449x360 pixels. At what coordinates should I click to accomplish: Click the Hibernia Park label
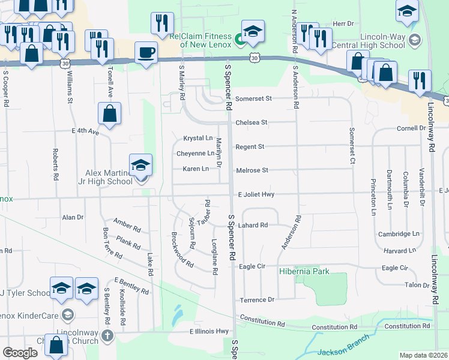[304, 272]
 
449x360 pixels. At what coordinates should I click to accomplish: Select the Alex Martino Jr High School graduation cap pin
[140, 166]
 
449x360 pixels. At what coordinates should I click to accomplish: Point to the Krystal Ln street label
[197, 138]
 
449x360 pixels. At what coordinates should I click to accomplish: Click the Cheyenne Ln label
[195, 154]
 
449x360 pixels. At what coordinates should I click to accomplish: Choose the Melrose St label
[251, 170]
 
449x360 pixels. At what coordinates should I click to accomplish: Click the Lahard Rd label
[252, 226]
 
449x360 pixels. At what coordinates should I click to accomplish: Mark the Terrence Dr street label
[257, 299]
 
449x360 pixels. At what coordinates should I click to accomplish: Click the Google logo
[20, 353]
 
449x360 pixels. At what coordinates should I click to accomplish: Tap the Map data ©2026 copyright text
[423, 355]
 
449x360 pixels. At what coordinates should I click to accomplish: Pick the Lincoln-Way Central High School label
[385, 40]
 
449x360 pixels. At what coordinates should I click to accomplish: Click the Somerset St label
[253, 98]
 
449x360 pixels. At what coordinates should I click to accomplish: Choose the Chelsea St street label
[251, 122]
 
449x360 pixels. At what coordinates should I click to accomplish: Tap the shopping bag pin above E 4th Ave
[110, 113]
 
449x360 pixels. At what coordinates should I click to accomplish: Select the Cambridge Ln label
[398, 234]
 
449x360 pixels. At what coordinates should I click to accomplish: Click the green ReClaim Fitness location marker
[240, 41]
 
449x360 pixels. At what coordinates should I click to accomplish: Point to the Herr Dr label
[343, 23]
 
